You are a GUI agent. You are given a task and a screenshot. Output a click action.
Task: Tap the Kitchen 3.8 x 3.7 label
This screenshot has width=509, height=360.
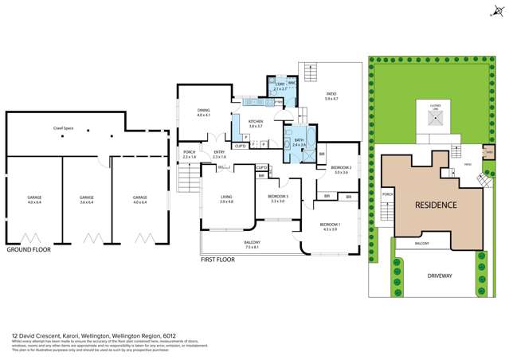[256, 124]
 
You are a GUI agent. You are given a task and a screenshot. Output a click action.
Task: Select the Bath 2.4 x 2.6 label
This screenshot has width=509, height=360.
[299, 143]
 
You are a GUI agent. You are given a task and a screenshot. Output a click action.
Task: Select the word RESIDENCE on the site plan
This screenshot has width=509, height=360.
[436, 205]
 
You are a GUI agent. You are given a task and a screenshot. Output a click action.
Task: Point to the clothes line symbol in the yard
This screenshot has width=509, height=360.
[436, 119]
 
